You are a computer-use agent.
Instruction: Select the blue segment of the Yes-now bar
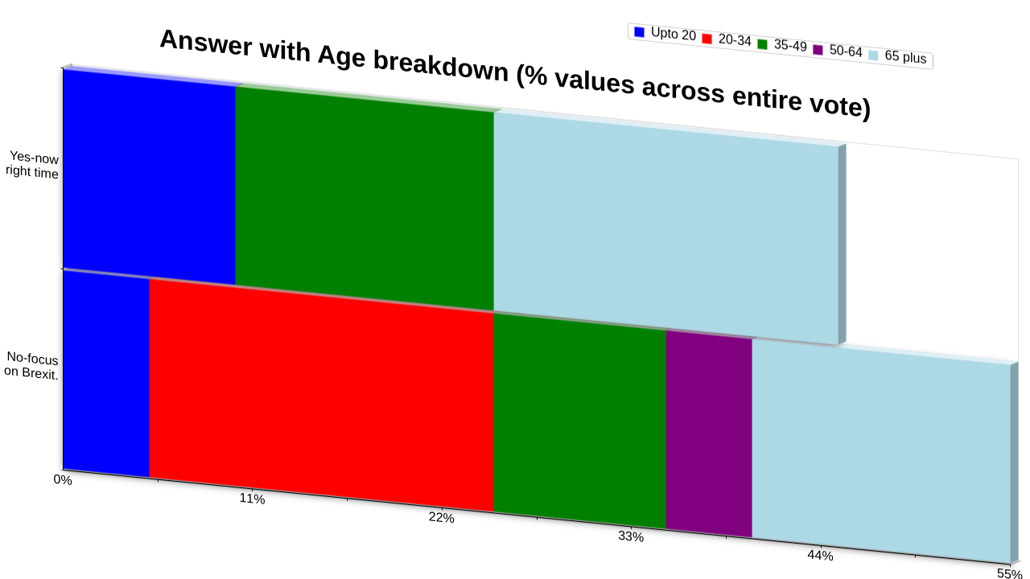[x=150, y=177]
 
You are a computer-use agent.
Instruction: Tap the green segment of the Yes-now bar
[x=365, y=199]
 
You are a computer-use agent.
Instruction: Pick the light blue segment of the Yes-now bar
[x=666, y=228]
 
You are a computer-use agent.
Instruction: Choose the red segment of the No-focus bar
[x=322, y=395]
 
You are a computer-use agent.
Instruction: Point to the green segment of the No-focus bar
[x=580, y=421]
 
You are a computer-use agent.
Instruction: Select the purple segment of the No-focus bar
[x=709, y=433]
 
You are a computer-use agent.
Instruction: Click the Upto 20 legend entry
[x=665, y=34]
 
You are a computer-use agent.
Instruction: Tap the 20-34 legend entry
[x=727, y=39]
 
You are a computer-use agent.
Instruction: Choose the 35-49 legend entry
[x=782, y=45]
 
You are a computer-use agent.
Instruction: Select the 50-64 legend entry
[x=838, y=51]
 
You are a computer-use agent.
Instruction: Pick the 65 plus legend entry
[x=897, y=56]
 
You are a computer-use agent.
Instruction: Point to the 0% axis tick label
[x=63, y=480]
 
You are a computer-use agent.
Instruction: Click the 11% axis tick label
[x=252, y=499]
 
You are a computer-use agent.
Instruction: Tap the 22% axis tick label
[x=442, y=517]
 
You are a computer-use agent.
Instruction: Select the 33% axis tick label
[x=631, y=536]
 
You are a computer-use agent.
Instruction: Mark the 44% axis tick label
[x=820, y=556]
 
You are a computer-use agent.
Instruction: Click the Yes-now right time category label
[x=32, y=165]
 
